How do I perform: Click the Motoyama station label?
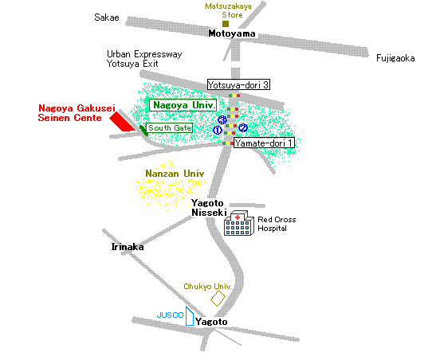click(232, 33)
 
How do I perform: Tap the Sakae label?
click(107, 18)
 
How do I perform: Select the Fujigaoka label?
click(395, 58)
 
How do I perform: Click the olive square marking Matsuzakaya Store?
click(226, 24)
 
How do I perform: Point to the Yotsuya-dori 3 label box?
click(238, 84)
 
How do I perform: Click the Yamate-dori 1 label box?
click(264, 143)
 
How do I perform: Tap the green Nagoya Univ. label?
click(183, 105)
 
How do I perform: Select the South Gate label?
click(169, 127)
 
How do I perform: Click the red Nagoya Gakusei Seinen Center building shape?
click(121, 121)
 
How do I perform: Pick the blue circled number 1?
click(218, 130)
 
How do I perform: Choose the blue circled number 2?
click(243, 127)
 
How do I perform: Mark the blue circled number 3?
click(222, 119)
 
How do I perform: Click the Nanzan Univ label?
click(175, 174)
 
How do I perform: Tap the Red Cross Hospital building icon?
click(238, 223)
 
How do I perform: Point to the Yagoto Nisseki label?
click(209, 208)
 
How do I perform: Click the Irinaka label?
click(128, 247)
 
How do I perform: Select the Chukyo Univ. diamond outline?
click(218, 298)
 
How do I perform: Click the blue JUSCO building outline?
click(190, 316)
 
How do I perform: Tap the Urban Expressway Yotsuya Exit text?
click(144, 59)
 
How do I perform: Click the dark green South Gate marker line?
click(143, 131)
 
